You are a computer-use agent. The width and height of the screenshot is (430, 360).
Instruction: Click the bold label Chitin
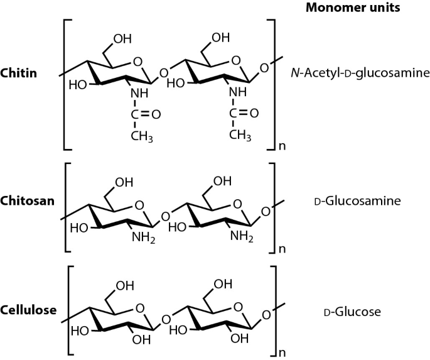pyautogui.click(x=19, y=74)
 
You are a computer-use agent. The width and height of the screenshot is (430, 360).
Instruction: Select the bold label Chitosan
pyautogui.click(x=27, y=201)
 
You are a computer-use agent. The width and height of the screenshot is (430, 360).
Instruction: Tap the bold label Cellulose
pyautogui.click(x=30, y=310)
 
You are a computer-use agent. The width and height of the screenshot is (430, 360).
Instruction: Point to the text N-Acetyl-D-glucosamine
pyautogui.click(x=360, y=74)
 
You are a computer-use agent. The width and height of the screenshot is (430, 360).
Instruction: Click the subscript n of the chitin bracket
pyautogui.click(x=283, y=148)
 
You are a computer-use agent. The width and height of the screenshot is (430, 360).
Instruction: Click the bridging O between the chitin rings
pyautogui.click(x=164, y=73)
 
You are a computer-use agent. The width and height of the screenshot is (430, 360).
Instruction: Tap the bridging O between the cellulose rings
pyautogui.click(x=164, y=321)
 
